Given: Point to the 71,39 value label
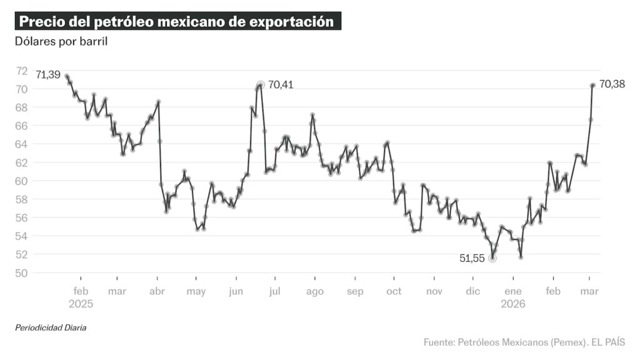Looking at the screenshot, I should click(48, 75).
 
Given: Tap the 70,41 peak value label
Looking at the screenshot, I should click(281, 85).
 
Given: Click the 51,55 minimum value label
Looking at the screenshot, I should click(471, 259).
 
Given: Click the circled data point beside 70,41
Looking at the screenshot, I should click(261, 84).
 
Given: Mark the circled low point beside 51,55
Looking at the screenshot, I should click(492, 258).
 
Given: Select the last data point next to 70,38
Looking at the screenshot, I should click(592, 85).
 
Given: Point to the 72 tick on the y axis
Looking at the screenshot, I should click(22, 71).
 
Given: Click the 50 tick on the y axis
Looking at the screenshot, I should click(22, 273).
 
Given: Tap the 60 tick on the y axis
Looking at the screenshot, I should click(22, 181).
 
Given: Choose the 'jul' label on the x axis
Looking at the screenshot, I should click(275, 291).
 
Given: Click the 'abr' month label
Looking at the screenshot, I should click(157, 291).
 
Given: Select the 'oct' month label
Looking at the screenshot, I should click(394, 291).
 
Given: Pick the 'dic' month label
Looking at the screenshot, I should click(473, 291).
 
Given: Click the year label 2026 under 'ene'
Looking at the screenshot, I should click(513, 304).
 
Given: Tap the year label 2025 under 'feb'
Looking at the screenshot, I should click(81, 304).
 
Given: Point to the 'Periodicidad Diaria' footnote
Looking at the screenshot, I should click(51, 327).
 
